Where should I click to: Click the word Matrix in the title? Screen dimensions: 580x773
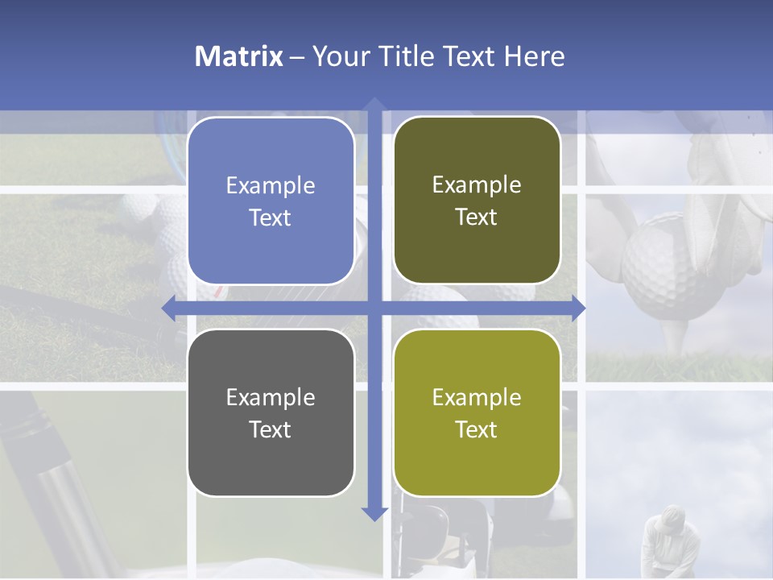coord(239,56)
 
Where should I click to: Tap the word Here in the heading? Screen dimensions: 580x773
coord(534,56)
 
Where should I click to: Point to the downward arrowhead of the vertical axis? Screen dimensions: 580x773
coord(374,513)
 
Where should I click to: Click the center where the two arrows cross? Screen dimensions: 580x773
coord(374,308)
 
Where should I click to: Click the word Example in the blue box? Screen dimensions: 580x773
coord(271,185)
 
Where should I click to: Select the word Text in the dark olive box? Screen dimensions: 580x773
coord(477,217)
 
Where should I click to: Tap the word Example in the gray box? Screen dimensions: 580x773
coord(271,397)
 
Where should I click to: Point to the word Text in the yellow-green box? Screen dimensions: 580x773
coord(477,429)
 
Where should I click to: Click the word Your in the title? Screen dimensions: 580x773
coord(337,56)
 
